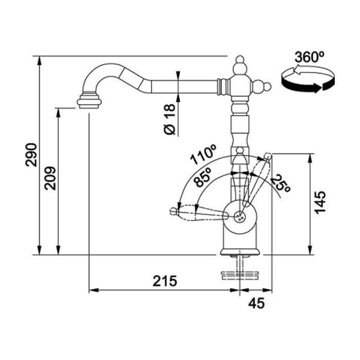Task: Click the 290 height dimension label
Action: click(x=31, y=155)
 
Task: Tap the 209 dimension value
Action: click(x=50, y=178)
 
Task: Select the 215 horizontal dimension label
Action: click(x=165, y=281)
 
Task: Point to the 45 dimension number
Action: click(x=256, y=303)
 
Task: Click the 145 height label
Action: click(x=320, y=203)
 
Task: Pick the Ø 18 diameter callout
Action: click(x=170, y=119)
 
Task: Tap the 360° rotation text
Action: click(x=309, y=57)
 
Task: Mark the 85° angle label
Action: click(x=203, y=177)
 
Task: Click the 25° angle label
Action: click(x=281, y=183)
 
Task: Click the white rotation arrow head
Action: click(x=296, y=70)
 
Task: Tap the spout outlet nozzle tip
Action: click(x=89, y=103)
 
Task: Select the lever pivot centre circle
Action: click(x=239, y=216)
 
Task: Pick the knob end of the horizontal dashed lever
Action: click(x=174, y=211)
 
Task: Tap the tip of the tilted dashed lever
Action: click(x=268, y=156)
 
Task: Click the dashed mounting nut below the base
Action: click(x=239, y=275)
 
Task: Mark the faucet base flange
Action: click(x=240, y=251)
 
